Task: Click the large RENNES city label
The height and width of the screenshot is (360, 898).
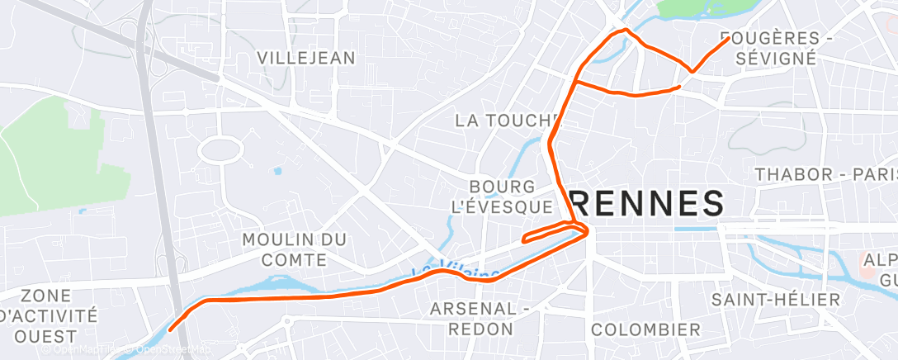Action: (646, 203)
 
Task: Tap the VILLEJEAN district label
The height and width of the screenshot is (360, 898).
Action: (305, 58)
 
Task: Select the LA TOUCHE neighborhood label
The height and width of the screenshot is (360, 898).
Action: (503, 121)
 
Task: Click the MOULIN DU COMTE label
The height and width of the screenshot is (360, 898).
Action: (294, 249)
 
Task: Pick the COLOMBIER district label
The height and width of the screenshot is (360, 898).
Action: (645, 329)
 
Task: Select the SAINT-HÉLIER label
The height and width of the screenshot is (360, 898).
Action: (776, 299)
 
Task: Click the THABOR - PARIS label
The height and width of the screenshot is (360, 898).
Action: (825, 174)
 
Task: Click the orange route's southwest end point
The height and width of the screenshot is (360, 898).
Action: (170, 329)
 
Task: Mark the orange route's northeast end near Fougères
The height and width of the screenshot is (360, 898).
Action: (727, 40)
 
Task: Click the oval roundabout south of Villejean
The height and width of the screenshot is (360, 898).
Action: (220, 150)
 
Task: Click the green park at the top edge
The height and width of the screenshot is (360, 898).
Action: (702, 8)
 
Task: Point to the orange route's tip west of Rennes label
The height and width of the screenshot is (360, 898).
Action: (525, 240)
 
